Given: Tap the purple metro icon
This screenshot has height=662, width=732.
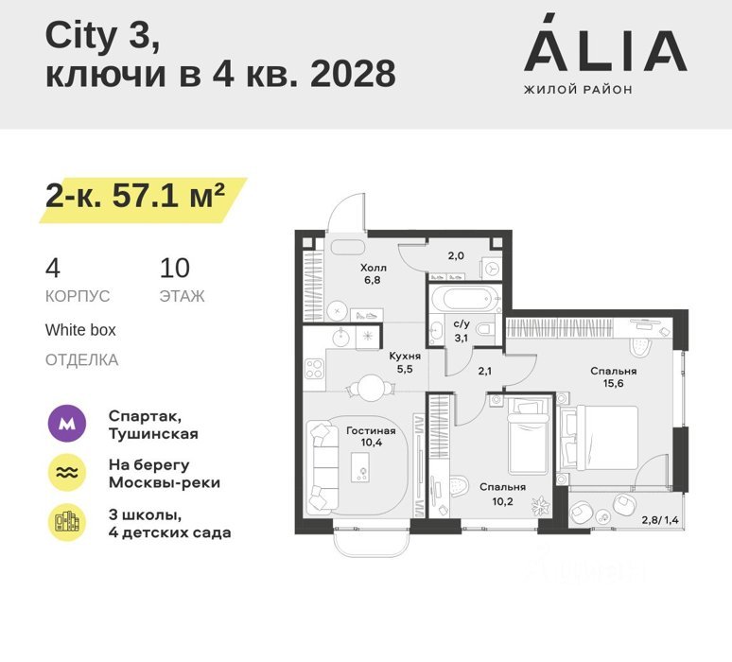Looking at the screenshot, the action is click(x=67, y=424).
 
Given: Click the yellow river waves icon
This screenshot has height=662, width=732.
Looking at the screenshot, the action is click(x=67, y=473).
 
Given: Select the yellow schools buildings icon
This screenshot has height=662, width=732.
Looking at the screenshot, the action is click(x=67, y=522).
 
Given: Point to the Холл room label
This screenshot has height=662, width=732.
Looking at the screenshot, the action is click(x=374, y=268).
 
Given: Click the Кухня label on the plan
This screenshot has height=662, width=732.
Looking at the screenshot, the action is click(x=405, y=357).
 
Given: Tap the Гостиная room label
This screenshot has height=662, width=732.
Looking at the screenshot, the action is click(x=371, y=431).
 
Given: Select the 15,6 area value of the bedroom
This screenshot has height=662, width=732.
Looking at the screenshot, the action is click(x=613, y=383).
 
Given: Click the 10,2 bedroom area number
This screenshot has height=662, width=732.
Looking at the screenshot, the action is click(x=502, y=502).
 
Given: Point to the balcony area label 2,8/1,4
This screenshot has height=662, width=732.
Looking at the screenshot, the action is click(x=660, y=520).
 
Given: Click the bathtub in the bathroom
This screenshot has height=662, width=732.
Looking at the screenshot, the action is click(x=466, y=297).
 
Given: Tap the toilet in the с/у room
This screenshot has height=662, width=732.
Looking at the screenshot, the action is click(x=485, y=329).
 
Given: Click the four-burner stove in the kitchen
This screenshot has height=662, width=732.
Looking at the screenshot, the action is click(x=314, y=368).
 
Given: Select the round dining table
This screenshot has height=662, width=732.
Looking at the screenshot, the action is click(x=370, y=388).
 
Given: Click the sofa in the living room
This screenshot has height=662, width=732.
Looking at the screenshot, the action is click(x=322, y=466).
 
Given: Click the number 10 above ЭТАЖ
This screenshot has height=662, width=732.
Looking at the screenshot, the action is click(x=175, y=268).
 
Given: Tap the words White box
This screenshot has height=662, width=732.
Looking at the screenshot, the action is click(x=80, y=330).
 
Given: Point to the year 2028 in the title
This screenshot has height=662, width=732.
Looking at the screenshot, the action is click(x=353, y=74).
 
